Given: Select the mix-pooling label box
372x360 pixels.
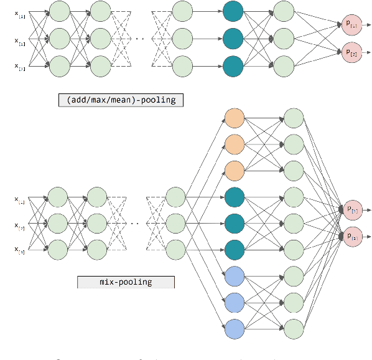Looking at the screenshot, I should (126, 282).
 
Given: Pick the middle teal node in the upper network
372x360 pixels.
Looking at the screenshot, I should (232, 39).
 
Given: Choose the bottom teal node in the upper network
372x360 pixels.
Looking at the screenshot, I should (232, 65).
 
